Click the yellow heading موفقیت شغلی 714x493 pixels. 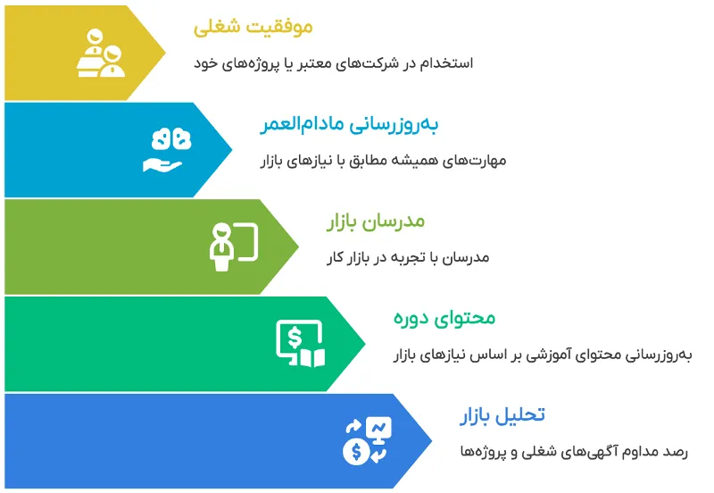click(253, 28)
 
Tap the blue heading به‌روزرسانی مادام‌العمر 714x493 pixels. click(350, 125)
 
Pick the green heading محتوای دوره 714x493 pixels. click(444, 318)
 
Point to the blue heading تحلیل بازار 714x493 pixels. click(502, 415)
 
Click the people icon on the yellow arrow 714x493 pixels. click(101, 53)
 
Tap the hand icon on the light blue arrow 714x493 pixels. click(167, 150)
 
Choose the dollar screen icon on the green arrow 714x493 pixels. click(300, 343)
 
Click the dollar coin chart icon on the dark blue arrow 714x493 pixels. click(366, 439)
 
